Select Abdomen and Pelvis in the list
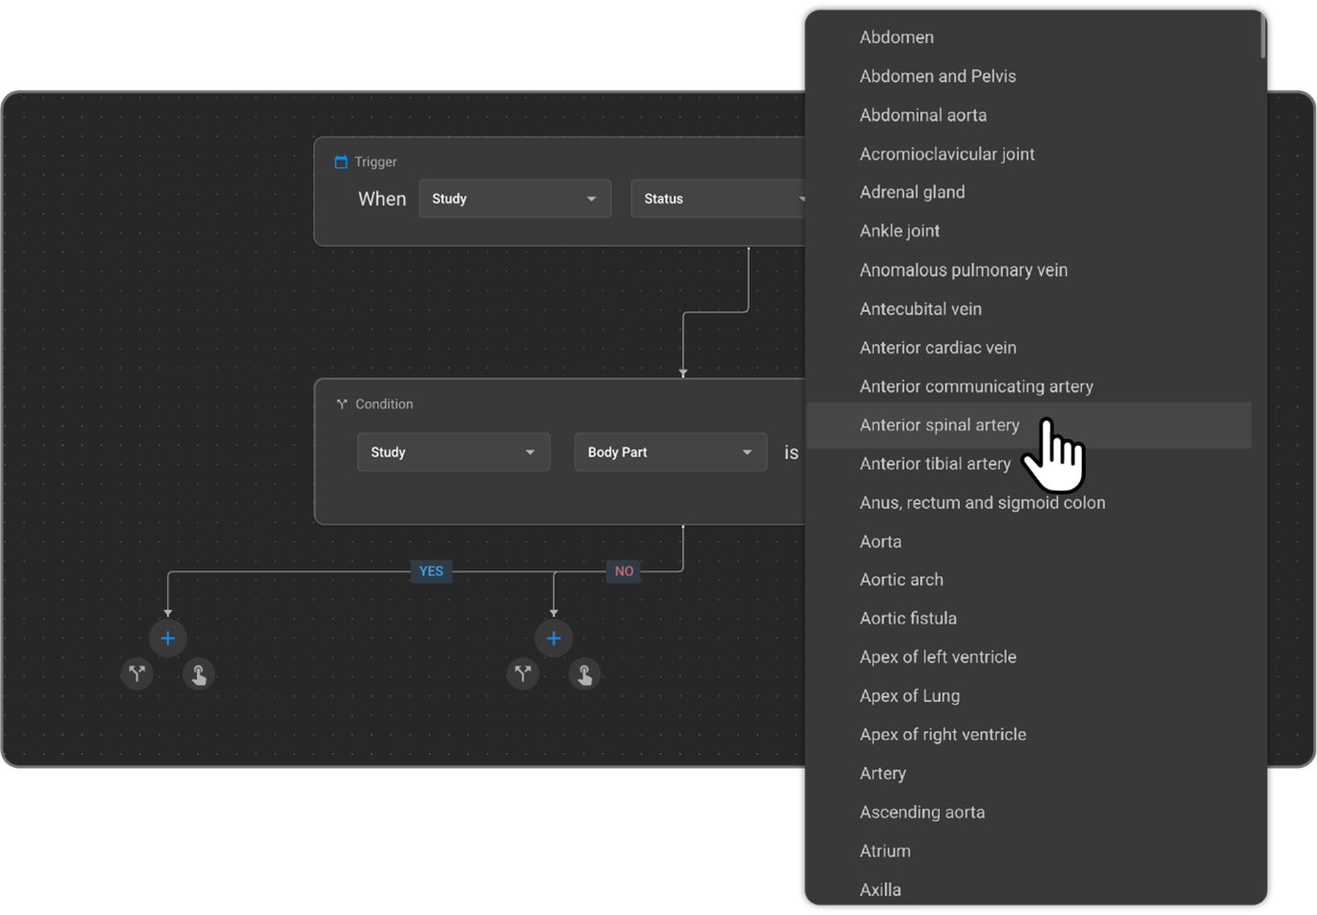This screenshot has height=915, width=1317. [937, 76]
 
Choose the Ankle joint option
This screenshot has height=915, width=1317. [900, 231]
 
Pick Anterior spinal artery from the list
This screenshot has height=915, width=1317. [939, 425]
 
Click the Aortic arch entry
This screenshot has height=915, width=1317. [902, 580]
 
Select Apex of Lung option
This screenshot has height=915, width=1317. [909, 696]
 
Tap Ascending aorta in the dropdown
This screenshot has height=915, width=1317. [922, 812]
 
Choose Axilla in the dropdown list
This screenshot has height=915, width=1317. [881, 890]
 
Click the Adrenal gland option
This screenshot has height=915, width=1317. [912, 192]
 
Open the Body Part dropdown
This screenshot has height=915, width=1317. [670, 452]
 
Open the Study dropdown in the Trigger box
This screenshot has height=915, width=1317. [515, 199]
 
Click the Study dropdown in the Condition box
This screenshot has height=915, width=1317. [454, 452]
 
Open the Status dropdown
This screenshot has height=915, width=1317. [718, 199]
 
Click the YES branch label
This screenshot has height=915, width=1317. [431, 571]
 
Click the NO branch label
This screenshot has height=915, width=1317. [624, 571]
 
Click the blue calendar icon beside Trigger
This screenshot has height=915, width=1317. [341, 161]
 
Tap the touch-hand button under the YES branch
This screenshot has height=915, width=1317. [199, 674]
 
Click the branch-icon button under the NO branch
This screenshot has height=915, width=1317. [522, 674]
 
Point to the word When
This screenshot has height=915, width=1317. [382, 199]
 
